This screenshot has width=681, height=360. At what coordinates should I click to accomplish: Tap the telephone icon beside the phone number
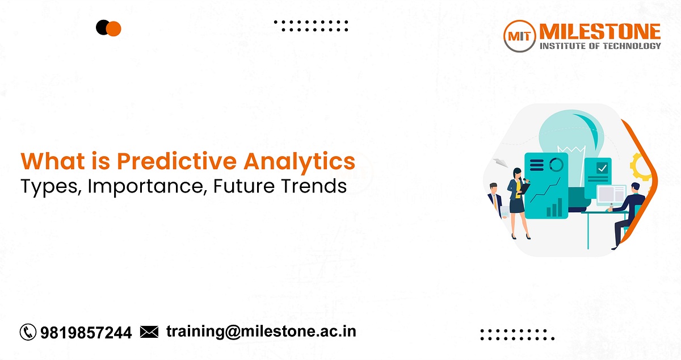coord(28,332)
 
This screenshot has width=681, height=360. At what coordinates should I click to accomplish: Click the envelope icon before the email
coord(149,331)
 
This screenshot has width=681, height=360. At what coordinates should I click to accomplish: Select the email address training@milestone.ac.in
coord(261,332)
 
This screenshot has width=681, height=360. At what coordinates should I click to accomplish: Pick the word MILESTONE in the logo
coord(600,31)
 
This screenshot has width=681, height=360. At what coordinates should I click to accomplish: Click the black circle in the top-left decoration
coord(103,27)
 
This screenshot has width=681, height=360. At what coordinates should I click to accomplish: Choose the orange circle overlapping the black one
coord(114,28)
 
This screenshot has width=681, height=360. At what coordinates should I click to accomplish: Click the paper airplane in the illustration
coord(499,163)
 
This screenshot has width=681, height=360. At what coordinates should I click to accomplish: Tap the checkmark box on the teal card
coord(602,168)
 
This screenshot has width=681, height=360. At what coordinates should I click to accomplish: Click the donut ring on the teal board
coord(557,165)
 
